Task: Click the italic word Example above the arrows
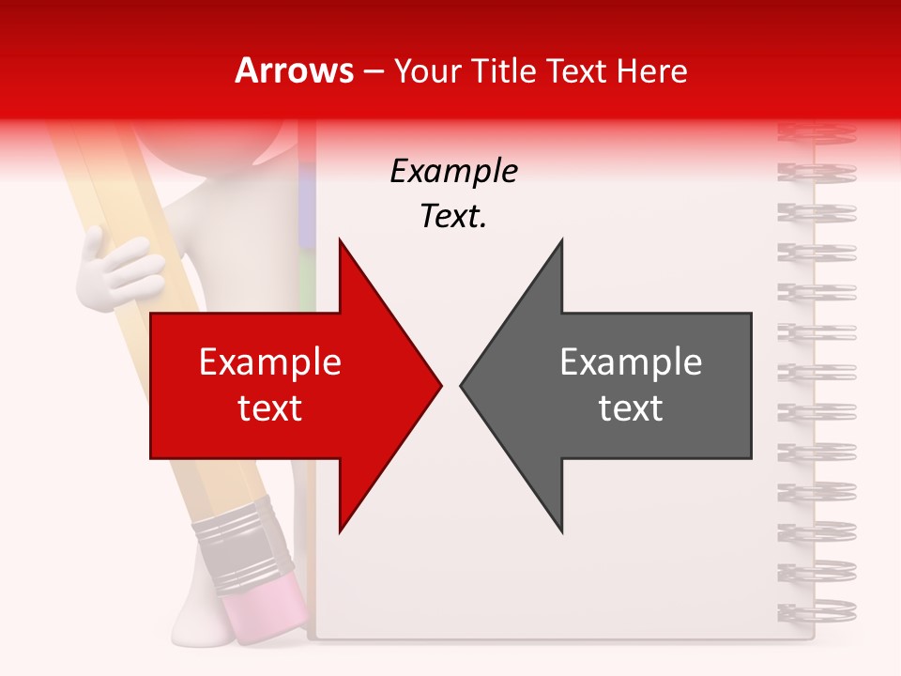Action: (453, 172)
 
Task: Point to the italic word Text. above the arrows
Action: (453, 217)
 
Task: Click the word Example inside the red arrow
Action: (270, 362)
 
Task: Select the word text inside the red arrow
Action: (270, 408)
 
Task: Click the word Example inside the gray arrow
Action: (631, 362)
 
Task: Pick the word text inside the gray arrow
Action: (631, 408)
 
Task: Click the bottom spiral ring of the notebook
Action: (817, 610)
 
